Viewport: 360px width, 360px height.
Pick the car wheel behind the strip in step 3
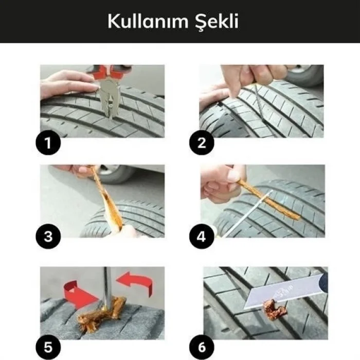116,174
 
